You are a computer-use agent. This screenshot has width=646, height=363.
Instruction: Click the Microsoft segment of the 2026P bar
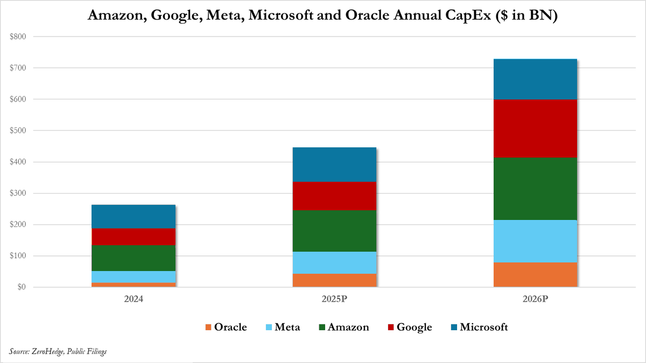[535, 79]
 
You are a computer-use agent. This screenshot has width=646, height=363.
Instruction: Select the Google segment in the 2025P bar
[334, 196]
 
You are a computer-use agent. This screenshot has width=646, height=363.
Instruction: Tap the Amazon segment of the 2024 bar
[134, 258]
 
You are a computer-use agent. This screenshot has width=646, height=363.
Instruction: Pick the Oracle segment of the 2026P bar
[535, 275]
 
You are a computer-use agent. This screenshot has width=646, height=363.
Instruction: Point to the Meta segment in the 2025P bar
[334, 263]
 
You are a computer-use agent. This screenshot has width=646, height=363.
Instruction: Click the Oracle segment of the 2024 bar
[134, 285]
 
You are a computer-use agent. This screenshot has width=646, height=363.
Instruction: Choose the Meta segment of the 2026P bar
[535, 241]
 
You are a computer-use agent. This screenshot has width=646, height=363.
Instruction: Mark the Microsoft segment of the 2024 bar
[134, 217]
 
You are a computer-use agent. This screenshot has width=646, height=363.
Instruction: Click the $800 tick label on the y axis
[18, 37]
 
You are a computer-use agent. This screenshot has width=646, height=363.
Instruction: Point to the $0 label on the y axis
[22, 287]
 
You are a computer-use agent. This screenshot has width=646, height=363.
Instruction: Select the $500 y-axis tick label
[18, 131]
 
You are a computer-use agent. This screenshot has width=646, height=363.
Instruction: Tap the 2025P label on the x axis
[334, 299]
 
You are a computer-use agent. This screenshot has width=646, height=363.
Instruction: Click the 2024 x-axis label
[134, 299]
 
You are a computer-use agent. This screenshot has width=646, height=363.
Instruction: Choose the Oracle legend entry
[226, 328]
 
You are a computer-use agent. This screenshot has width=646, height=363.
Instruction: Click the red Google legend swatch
[391, 328]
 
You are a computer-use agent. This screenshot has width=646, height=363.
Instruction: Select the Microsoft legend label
[483, 328]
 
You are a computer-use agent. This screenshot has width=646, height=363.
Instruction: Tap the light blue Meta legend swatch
[269, 328]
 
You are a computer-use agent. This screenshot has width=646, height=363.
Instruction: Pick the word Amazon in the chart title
[118, 15]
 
